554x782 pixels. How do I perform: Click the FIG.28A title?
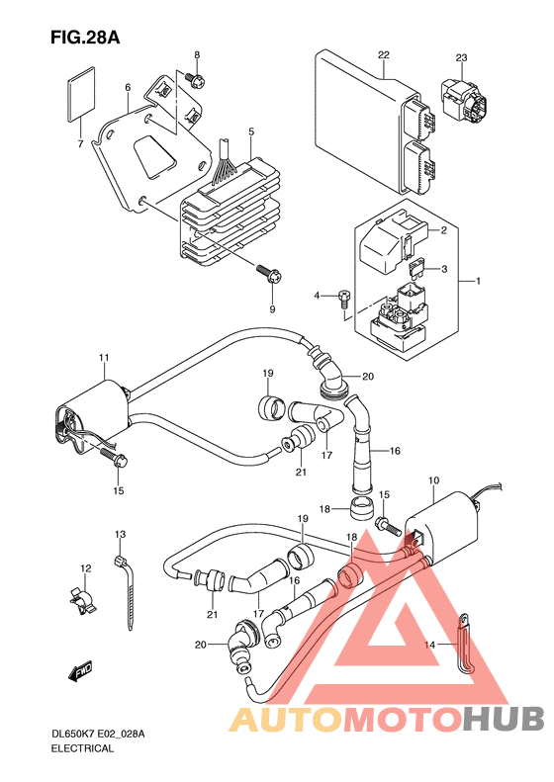[85, 38]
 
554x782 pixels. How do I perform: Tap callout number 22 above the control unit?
[383, 54]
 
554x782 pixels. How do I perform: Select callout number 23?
[461, 57]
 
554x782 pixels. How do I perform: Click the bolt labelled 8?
[195, 80]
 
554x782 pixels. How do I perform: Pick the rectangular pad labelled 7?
[80, 94]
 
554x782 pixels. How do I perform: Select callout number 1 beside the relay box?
[478, 282]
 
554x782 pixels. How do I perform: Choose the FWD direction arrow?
[80, 671]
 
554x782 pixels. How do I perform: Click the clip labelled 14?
[465, 644]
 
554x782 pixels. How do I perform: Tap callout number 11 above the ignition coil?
[104, 358]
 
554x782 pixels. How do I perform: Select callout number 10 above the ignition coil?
[433, 480]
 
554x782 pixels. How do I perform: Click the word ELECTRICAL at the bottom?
[82, 748]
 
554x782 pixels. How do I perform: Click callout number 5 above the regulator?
[251, 131]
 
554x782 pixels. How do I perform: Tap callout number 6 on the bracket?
[128, 88]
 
